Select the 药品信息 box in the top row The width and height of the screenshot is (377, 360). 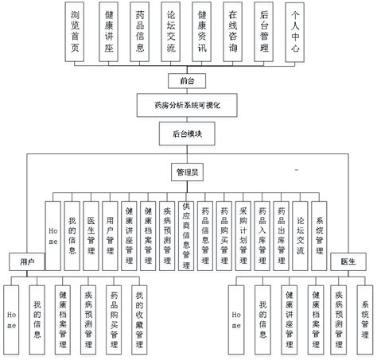139,31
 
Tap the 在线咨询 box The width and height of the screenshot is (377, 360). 234,31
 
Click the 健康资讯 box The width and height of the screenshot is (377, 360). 202,31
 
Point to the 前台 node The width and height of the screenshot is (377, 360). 187,80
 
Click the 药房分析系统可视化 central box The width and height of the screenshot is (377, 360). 187,105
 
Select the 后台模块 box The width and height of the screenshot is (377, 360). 187,135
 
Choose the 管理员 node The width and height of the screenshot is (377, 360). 187,172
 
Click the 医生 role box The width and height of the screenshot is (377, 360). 347,260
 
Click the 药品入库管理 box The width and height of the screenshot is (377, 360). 262,232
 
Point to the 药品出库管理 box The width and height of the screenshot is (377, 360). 282,232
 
